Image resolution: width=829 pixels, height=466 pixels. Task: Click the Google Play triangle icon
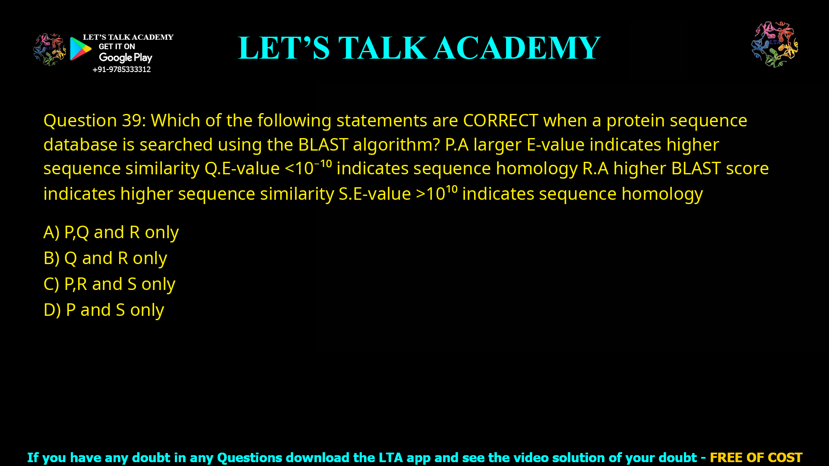click(x=80, y=49)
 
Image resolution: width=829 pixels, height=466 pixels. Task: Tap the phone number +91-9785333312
click(x=121, y=69)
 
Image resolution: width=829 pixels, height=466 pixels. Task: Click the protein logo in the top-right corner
click(x=775, y=44)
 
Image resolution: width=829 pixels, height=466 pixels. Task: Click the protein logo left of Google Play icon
click(x=50, y=50)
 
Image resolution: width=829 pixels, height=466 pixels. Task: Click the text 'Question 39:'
click(x=95, y=120)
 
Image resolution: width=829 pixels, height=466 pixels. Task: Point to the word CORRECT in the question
click(x=500, y=120)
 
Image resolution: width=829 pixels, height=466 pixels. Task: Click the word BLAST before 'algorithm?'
click(x=323, y=145)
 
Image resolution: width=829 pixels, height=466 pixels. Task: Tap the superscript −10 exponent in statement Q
click(x=323, y=164)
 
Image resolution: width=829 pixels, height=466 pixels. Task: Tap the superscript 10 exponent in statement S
click(x=451, y=189)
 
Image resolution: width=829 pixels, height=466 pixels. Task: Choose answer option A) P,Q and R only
click(x=111, y=233)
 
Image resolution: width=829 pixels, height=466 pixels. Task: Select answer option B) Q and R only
click(x=105, y=258)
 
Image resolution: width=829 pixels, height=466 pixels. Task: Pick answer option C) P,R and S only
click(x=109, y=284)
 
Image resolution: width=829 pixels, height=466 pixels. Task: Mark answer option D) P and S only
click(x=104, y=310)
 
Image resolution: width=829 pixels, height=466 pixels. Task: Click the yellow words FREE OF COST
click(x=756, y=457)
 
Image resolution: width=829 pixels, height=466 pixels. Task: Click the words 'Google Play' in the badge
click(x=125, y=58)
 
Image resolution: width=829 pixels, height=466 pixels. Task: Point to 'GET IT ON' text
click(x=117, y=47)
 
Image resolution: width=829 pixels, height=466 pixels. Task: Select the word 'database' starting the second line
click(x=80, y=145)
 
